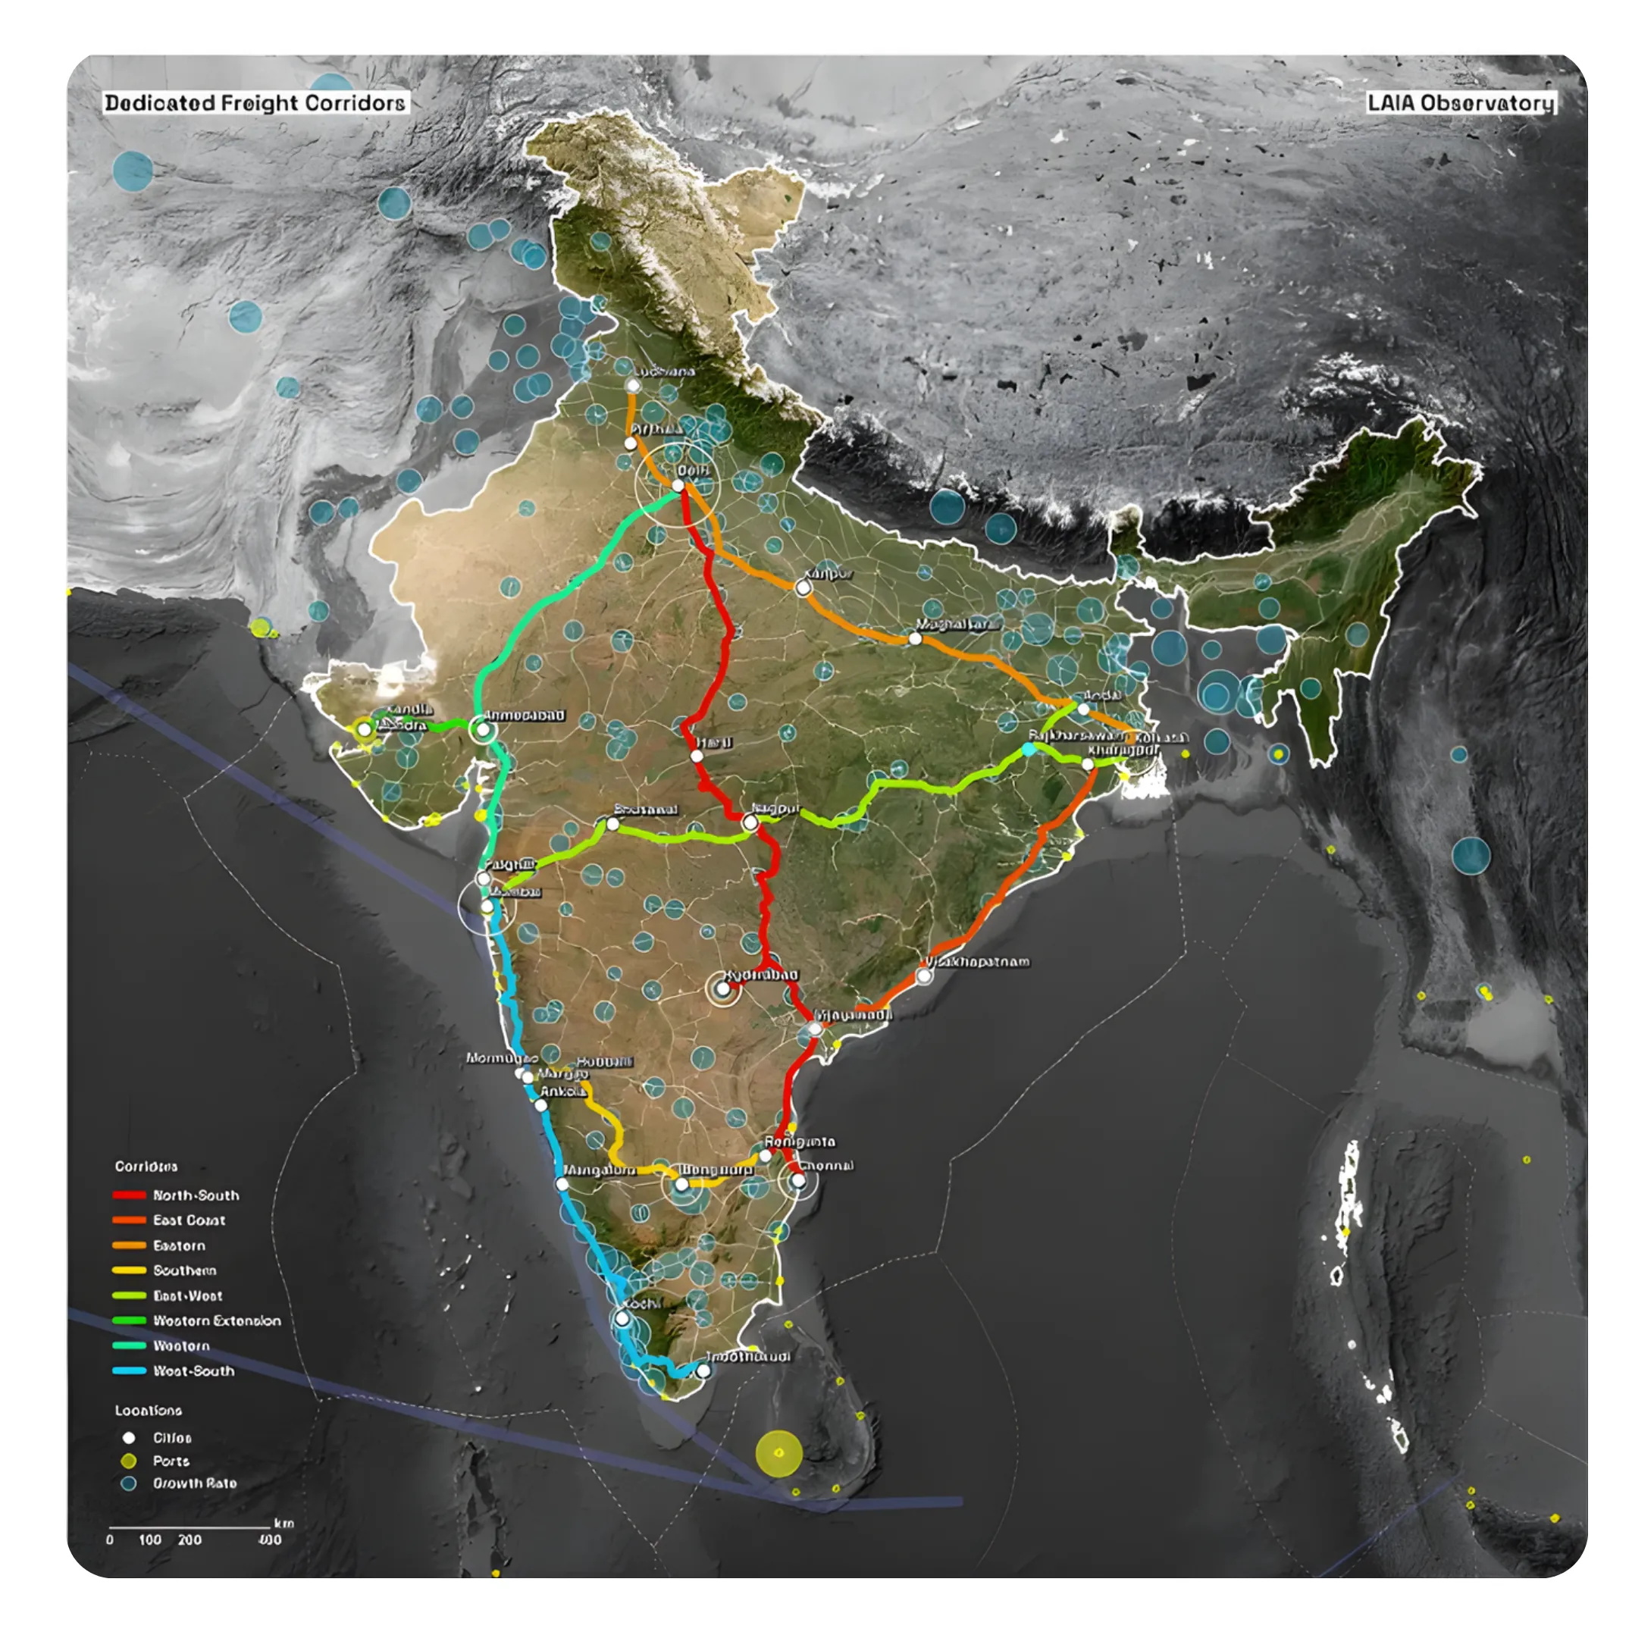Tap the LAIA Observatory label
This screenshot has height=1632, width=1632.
pyautogui.click(x=1460, y=103)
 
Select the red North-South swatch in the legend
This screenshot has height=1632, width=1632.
pyautogui.click(x=128, y=1195)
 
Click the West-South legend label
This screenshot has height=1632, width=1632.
pyautogui.click(x=193, y=1371)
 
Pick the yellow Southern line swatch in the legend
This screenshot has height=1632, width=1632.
pyautogui.click(x=128, y=1270)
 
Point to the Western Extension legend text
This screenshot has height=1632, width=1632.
pyautogui.click(x=216, y=1320)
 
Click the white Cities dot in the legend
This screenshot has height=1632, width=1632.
pyautogui.click(x=128, y=1438)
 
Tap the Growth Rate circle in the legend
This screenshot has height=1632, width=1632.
pyautogui.click(x=128, y=1483)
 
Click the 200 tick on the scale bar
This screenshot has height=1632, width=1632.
pyautogui.click(x=190, y=1540)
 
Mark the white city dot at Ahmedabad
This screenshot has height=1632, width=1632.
pyautogui.click(x=483, y=729)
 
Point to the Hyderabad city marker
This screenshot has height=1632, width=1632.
pyautogui.click(x=723, y=988)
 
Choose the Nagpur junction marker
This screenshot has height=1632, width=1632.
pyautogui.click(x=749, y=822)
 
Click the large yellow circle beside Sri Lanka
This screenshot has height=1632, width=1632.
pyautogui.click(x=778, y=1453)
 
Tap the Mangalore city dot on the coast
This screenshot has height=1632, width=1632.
pyautogui.click(x=562, y=1184)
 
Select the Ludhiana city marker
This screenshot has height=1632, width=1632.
pyautogui.click(x=633, y=386)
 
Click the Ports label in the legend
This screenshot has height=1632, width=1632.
pyautogui.click(x=171, y=1461)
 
